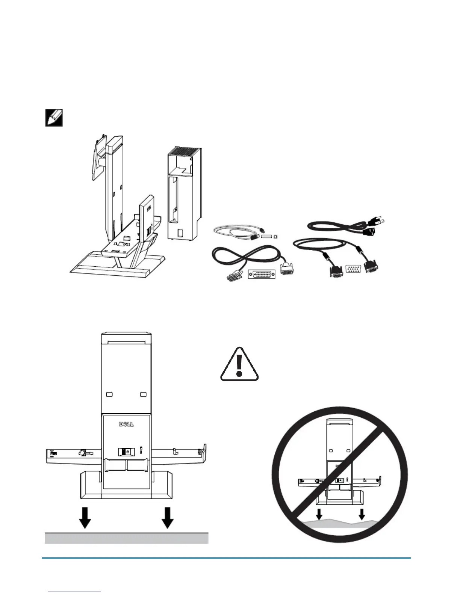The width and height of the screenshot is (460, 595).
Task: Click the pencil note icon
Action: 54,118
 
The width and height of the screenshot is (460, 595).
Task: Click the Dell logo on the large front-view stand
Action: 126,424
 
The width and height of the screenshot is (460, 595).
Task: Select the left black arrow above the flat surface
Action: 85,518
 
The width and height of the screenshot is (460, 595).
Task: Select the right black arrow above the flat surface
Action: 167,518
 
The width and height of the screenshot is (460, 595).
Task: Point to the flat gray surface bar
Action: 126,538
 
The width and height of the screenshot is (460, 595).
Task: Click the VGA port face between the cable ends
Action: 353,269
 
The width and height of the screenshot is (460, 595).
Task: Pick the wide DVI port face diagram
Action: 262,273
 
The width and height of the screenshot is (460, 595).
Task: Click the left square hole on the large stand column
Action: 109,395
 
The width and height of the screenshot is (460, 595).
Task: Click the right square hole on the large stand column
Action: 143,395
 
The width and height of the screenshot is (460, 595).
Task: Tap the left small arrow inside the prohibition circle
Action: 319,514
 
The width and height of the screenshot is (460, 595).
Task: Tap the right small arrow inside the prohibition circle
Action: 362,514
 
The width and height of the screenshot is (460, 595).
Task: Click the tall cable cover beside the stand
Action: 184,193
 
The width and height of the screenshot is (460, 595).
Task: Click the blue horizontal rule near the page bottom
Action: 225,558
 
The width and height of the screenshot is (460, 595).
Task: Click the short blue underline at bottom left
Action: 75,592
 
